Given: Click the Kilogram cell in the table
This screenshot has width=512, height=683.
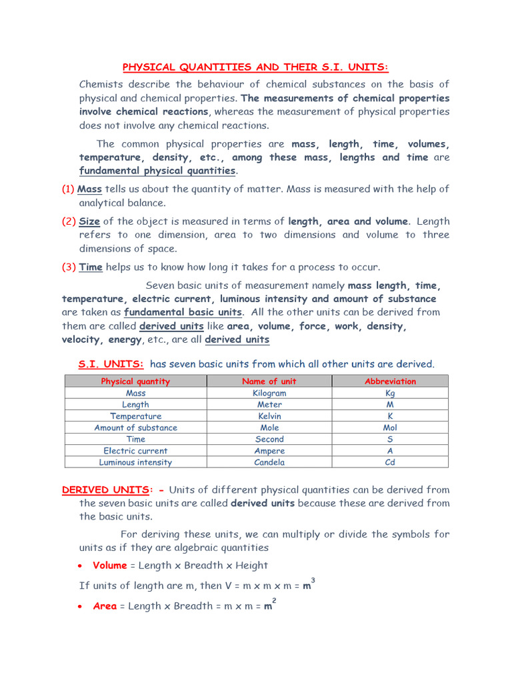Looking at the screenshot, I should click(x=269, y=394).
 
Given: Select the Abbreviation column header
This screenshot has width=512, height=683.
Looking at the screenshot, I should click(x=390, y=382).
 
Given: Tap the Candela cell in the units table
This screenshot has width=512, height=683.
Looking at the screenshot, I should click(x=269, y=462).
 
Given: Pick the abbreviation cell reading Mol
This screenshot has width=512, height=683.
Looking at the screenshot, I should click(x=390, y=428).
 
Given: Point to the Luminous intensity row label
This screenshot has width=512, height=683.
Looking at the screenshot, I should click(x=135, y=462).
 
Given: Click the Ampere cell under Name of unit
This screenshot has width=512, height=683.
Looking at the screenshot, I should click(x=269, y=451).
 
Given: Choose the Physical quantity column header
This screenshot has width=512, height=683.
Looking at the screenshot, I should click(x=135, y=382).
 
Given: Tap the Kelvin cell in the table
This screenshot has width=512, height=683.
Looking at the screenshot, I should click(x=269, y=416).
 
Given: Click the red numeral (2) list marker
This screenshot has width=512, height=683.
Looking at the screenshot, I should click(x=69, y=221).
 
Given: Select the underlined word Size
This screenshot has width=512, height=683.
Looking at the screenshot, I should click(x=89, y=221).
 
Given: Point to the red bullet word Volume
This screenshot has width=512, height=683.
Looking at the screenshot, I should click(x=110, y=566).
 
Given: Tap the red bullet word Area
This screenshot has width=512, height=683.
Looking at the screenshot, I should click(x=105, y=606).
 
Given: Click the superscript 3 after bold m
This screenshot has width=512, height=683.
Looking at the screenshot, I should click(x=313, y=580).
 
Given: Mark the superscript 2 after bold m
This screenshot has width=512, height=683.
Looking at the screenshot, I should click(x=275, y=601).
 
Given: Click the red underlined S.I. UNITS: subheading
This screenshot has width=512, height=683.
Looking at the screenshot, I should click(x=111, y=364).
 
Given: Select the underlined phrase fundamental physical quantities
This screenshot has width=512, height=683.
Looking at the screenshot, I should click(x=157, y=171).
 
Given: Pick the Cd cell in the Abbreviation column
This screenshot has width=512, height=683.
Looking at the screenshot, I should click(x=390, y=462).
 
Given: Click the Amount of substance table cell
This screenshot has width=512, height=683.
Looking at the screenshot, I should click(x=135, y=428).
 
